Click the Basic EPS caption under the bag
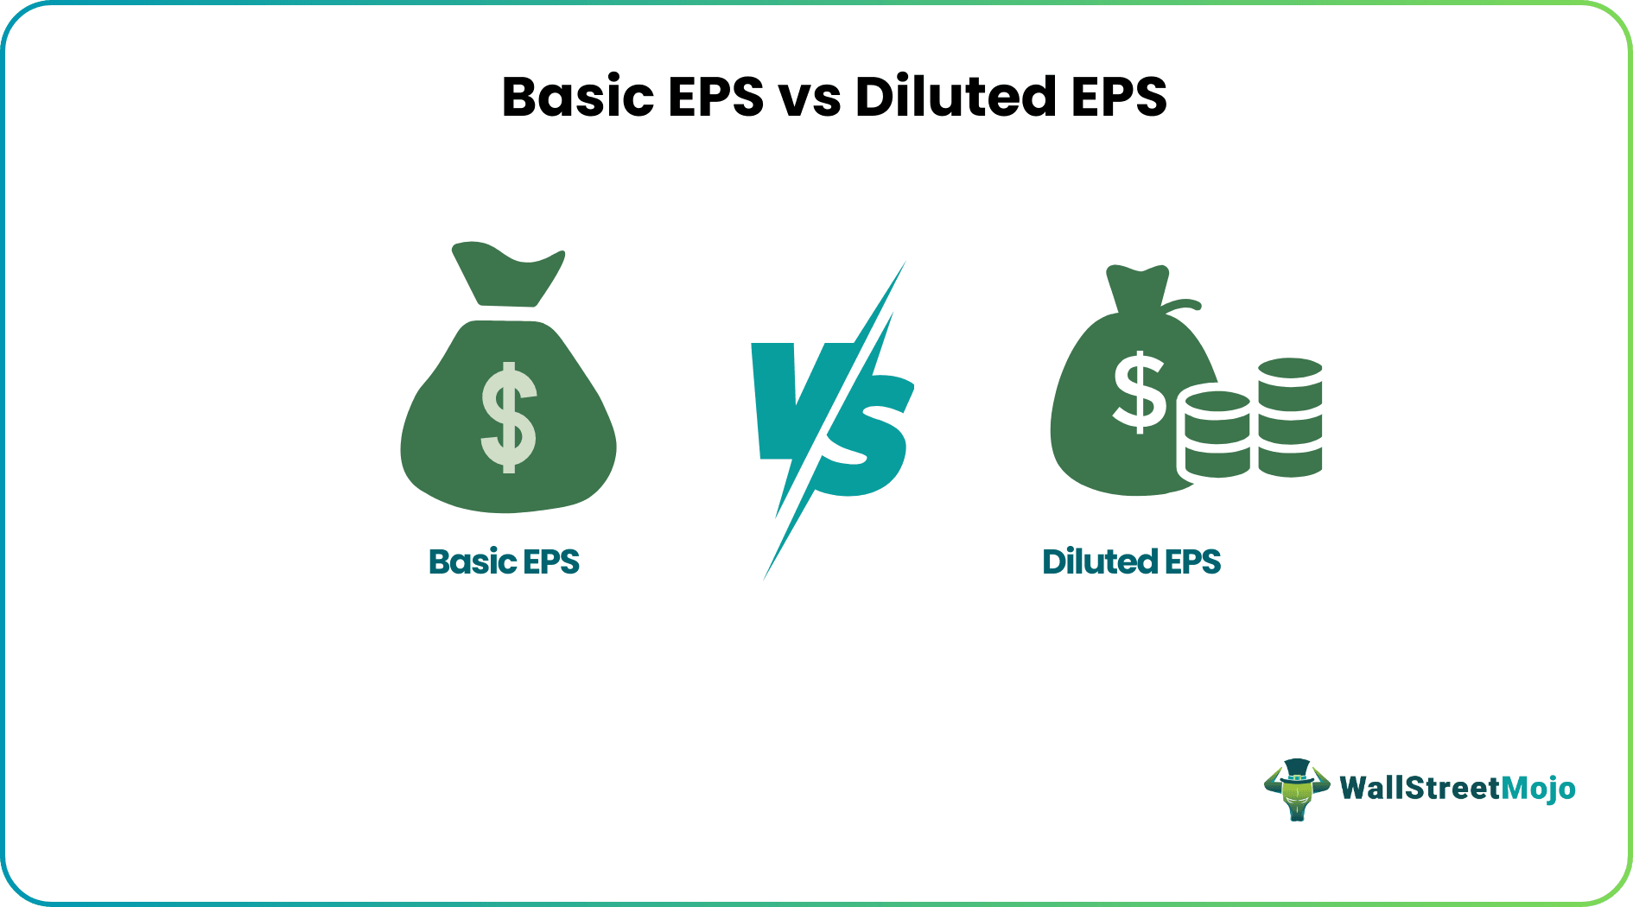point(504,561)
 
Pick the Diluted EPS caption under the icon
point(1131,561)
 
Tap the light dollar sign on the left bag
point(509,417)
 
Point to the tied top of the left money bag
point(507,273)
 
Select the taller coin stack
point(1290,417)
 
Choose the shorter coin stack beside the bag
point(1217,434)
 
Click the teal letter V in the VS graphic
point(786,397)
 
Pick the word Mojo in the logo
point(1538,789)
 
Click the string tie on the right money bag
point(1180,306)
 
